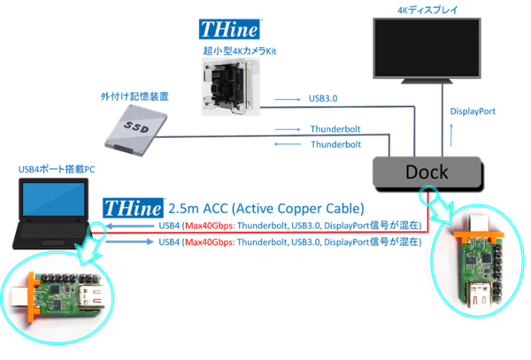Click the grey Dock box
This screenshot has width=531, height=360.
click(426, 171)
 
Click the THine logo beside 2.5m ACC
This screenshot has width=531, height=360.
click(133, 209)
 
